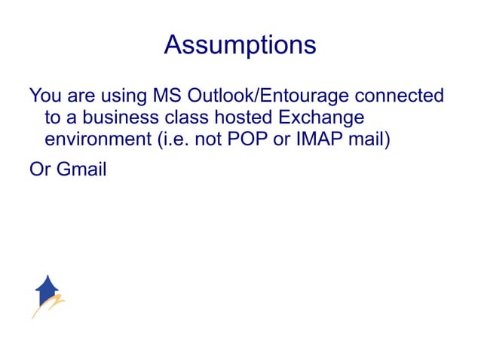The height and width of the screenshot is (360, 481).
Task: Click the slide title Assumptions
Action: click(240, 45)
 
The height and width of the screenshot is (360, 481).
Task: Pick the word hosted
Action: click(244, 118)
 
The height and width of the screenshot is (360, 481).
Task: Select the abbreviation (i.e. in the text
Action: click(171, 140)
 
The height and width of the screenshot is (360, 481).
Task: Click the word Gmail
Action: click(79, 169)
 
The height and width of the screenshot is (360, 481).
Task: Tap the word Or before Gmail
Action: click(38, 169)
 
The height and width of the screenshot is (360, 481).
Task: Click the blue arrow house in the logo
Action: click(47, 288)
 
